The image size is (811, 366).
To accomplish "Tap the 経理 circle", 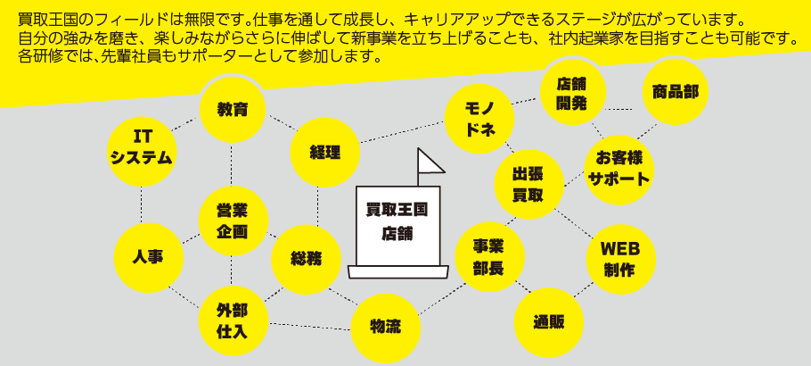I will click(325, 152).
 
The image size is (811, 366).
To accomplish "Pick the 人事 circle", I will click(148, 257).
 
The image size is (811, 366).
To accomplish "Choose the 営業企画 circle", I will click(232, 220).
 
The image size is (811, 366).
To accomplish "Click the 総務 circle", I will click(306, 259).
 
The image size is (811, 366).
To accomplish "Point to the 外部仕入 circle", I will click(232, 320).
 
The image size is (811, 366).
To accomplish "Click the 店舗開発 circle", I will click(572, 93).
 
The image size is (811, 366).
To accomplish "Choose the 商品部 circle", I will click(675, 91).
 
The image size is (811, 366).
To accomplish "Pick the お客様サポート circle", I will click(618, 167).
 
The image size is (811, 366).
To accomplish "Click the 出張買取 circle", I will click(528, 185).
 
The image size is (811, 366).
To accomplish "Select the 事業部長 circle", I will click(489, 256).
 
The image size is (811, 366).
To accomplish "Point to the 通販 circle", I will click(549, 322).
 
